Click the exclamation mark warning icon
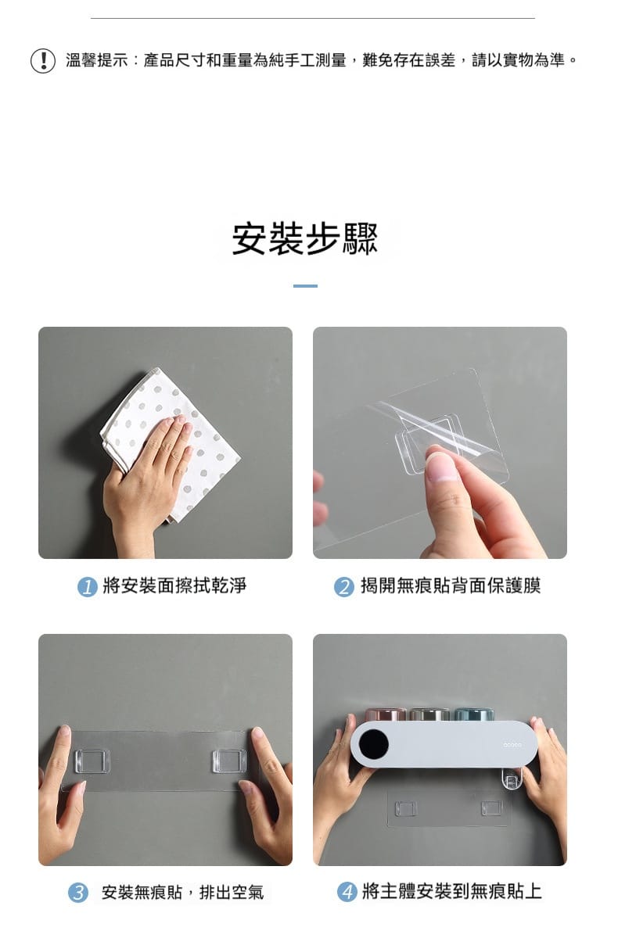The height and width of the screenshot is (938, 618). (43, 61)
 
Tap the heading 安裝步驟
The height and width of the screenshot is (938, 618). (305, 238)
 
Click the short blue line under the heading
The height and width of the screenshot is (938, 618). (305, 286)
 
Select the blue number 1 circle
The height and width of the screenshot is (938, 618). (87, 587)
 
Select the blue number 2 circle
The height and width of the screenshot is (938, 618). (344, 587)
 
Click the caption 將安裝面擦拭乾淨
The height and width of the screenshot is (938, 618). (174, 585)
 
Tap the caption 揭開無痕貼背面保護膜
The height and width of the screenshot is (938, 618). (451, 585)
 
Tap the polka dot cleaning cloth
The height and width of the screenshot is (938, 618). (172, 444)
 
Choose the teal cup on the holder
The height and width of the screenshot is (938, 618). (474, 714)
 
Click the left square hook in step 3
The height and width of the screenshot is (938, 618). (92, 761)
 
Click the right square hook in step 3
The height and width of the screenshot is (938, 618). (229, 761)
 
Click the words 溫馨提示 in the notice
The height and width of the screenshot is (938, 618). (97, 60)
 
